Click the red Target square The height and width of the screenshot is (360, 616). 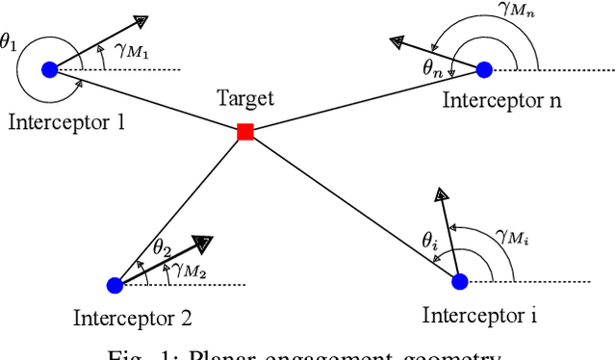pos(245,132)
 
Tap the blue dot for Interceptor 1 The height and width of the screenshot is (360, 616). pos(50,69)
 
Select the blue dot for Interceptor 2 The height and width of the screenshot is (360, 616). pos(115,284)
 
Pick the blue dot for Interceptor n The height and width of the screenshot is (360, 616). pos(484,69)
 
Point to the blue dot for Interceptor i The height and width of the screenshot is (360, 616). pos(460,281)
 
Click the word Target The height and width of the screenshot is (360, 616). pos(245,98)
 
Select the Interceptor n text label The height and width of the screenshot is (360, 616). pos(501,100)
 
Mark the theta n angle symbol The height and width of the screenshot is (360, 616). pos(432,66)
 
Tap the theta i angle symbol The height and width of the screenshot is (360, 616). pos(430,242)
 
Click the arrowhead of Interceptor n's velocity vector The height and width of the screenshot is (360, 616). pos(397,41)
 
